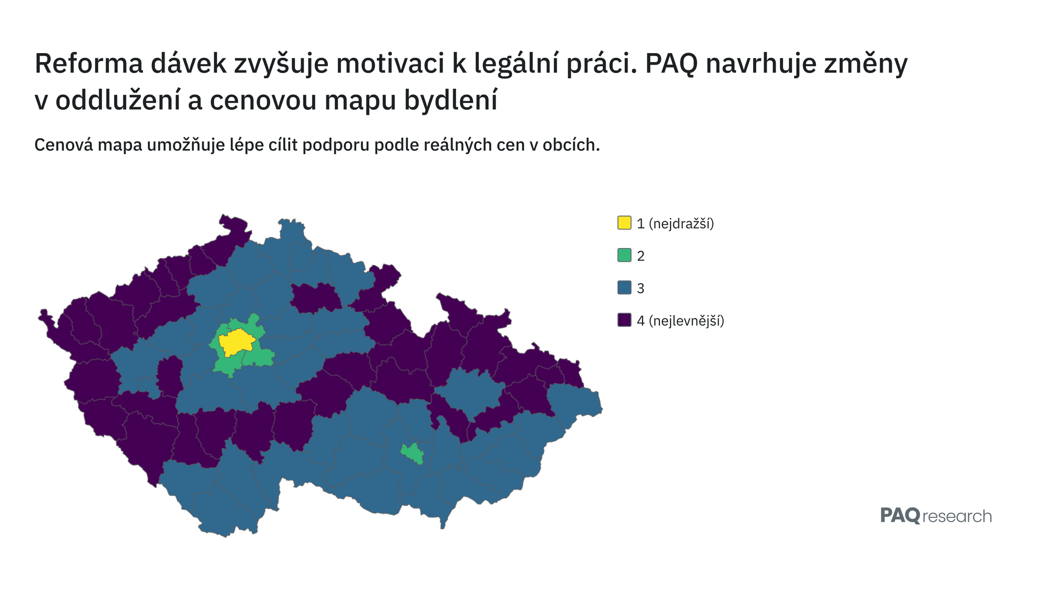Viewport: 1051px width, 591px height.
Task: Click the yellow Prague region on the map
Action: pyautogui.click(x=237, y=343)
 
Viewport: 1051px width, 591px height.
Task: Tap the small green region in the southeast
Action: pyautogui.click(x=413, y=453)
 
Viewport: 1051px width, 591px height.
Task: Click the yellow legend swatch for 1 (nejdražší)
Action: pyautogui.click(x=624, y=223)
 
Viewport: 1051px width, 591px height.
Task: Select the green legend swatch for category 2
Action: pyautogui.click(x=624, y=255)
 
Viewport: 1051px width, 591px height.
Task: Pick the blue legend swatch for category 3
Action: pyautogui.click(x=624, y=288)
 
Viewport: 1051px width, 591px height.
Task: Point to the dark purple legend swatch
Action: pyautogui.click(x=624, y=320)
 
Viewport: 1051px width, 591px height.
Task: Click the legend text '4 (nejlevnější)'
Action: pyautogui.click(x=681, y=320)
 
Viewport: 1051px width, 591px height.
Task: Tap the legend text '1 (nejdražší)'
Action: pyautogui.click(x=675, y=223)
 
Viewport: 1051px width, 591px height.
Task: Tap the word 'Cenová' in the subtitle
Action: pyautogui.click(x=63, y=144)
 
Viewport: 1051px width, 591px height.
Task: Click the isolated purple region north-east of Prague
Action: pyautogui.click(x=316, y=298)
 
